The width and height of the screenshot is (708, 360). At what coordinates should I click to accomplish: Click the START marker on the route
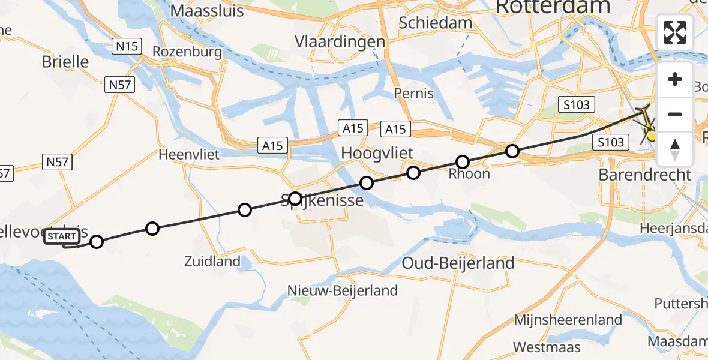tap(61, 237)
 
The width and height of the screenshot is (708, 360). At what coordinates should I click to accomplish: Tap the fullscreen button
tap(675, 32)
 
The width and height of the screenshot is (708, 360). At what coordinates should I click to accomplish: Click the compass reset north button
tap(675, 149)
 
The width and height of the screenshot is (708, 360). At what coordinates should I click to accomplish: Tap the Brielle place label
tap(65, 62)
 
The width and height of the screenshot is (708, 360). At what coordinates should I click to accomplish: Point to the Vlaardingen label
tap(340, 42)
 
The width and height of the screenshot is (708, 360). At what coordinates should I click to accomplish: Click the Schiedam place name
tap(435, 22)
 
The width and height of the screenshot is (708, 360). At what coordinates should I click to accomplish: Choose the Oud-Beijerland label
tap(458, 263)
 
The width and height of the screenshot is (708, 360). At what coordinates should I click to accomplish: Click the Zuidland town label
tap(213, 262)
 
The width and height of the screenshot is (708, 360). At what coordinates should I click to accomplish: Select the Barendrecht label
tap(645, 175)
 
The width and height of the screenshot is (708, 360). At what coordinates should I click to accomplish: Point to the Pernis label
tap(414, 93)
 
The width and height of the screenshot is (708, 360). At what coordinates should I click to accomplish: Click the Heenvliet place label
tap(189, 154)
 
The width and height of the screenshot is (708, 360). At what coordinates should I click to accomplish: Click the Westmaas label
tap(547, 347)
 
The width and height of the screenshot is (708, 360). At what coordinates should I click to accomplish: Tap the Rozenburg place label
tap(187, 52)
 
